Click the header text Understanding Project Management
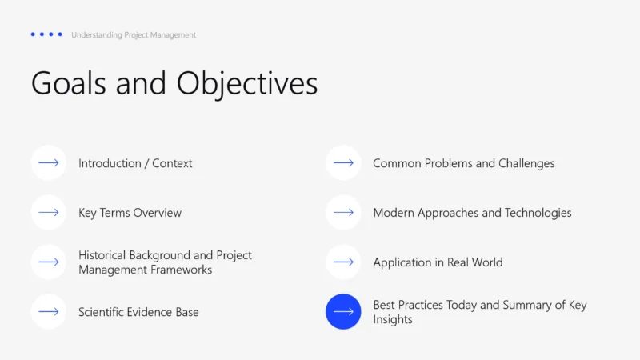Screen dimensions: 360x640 pyautogui.click(x=134, y=35)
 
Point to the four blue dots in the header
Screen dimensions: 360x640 pyautogui.click(x=46, y=34)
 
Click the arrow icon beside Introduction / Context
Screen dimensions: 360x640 pyautogui.click(x=49, y=163)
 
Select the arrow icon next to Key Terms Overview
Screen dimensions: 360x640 pyautogui.click(x=49, y=213)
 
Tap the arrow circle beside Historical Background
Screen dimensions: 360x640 pyautogui.click(x=49, y=262)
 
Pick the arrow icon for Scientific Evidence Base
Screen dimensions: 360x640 pyautogui.click(x=49, y=312)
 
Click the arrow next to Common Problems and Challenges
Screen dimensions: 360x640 pyautogui.click(x=344, y=163)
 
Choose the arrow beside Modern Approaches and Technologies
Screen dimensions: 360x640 pyautogui.click(x=344, y=213)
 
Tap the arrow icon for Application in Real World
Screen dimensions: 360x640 pyautogui.click(x=344, y=262)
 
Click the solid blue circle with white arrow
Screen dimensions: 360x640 pyautogui.click(x=344, y=312)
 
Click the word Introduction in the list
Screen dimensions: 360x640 pyautogui.click(x=109, y=163)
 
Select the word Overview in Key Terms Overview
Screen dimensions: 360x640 pyautogui.click(x=157, y=213)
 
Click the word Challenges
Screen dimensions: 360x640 pyautogui.click(x=526, y=163)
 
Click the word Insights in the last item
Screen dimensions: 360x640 pyautogui.click(x=393, y=319)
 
